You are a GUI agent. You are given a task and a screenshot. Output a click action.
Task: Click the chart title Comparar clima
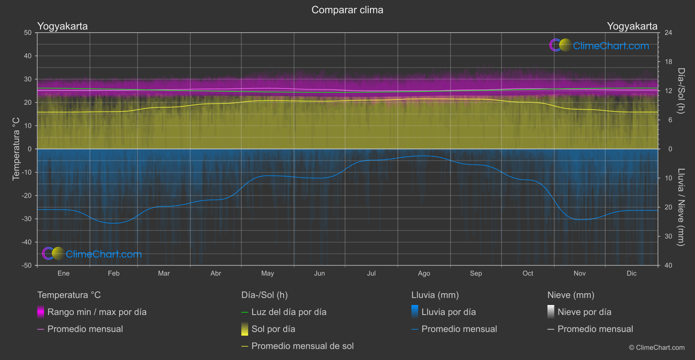pyautogui.click(x=347, y=10)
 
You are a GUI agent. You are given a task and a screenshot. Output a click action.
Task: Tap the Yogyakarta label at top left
pyautogui.click(x=62, y=26)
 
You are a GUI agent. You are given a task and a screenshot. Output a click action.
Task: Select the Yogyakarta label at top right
pyautogui.click(x=632, y=26)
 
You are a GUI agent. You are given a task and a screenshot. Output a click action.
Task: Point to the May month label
pyautogui.click(x=267, y=274)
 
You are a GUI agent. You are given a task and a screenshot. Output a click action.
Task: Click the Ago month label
pyautogui.click(x=424, y=274)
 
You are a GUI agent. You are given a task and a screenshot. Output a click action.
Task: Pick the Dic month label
pyautogui.click(x=631, y=274)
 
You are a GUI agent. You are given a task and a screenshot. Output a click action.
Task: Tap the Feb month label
pyautogui.click(x=113, y=274)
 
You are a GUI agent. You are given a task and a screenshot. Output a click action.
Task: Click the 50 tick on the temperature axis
pyautogui.click(x=28, y=33)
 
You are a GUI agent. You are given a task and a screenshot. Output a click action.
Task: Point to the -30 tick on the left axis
pyautogui.click(x=27, y=219)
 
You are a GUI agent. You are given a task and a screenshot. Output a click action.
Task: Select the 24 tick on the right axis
pyautogui.click(x=668, y=33)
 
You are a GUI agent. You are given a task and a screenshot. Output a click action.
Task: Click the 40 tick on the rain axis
pyautogui.click(x=668, y=265)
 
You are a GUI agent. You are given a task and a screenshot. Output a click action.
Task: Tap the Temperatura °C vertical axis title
pyautogui.click(x=16, y=149)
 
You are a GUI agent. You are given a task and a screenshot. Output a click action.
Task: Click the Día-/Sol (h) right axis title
pyautogui.click(x=681, y=91)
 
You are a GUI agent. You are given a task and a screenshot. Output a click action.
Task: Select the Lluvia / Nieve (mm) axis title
pyautogui.click(x=681, y=207)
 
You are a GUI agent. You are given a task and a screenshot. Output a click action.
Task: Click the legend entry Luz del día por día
pyautogui.click(x=288, y=312)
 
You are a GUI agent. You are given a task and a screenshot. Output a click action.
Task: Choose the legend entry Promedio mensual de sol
pyautogui.click(x=302, y=346)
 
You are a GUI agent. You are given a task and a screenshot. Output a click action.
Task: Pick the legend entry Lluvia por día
pyautogui.click(x=448, y=312)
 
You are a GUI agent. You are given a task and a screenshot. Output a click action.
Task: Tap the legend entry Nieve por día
pyautogui.click(x=584, y=312)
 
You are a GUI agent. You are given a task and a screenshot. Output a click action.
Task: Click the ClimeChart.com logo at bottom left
pyautogui.click(x=92, y=254)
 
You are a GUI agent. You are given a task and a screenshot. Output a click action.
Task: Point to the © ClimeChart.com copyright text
pyautogui.click(x=657, y=348)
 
